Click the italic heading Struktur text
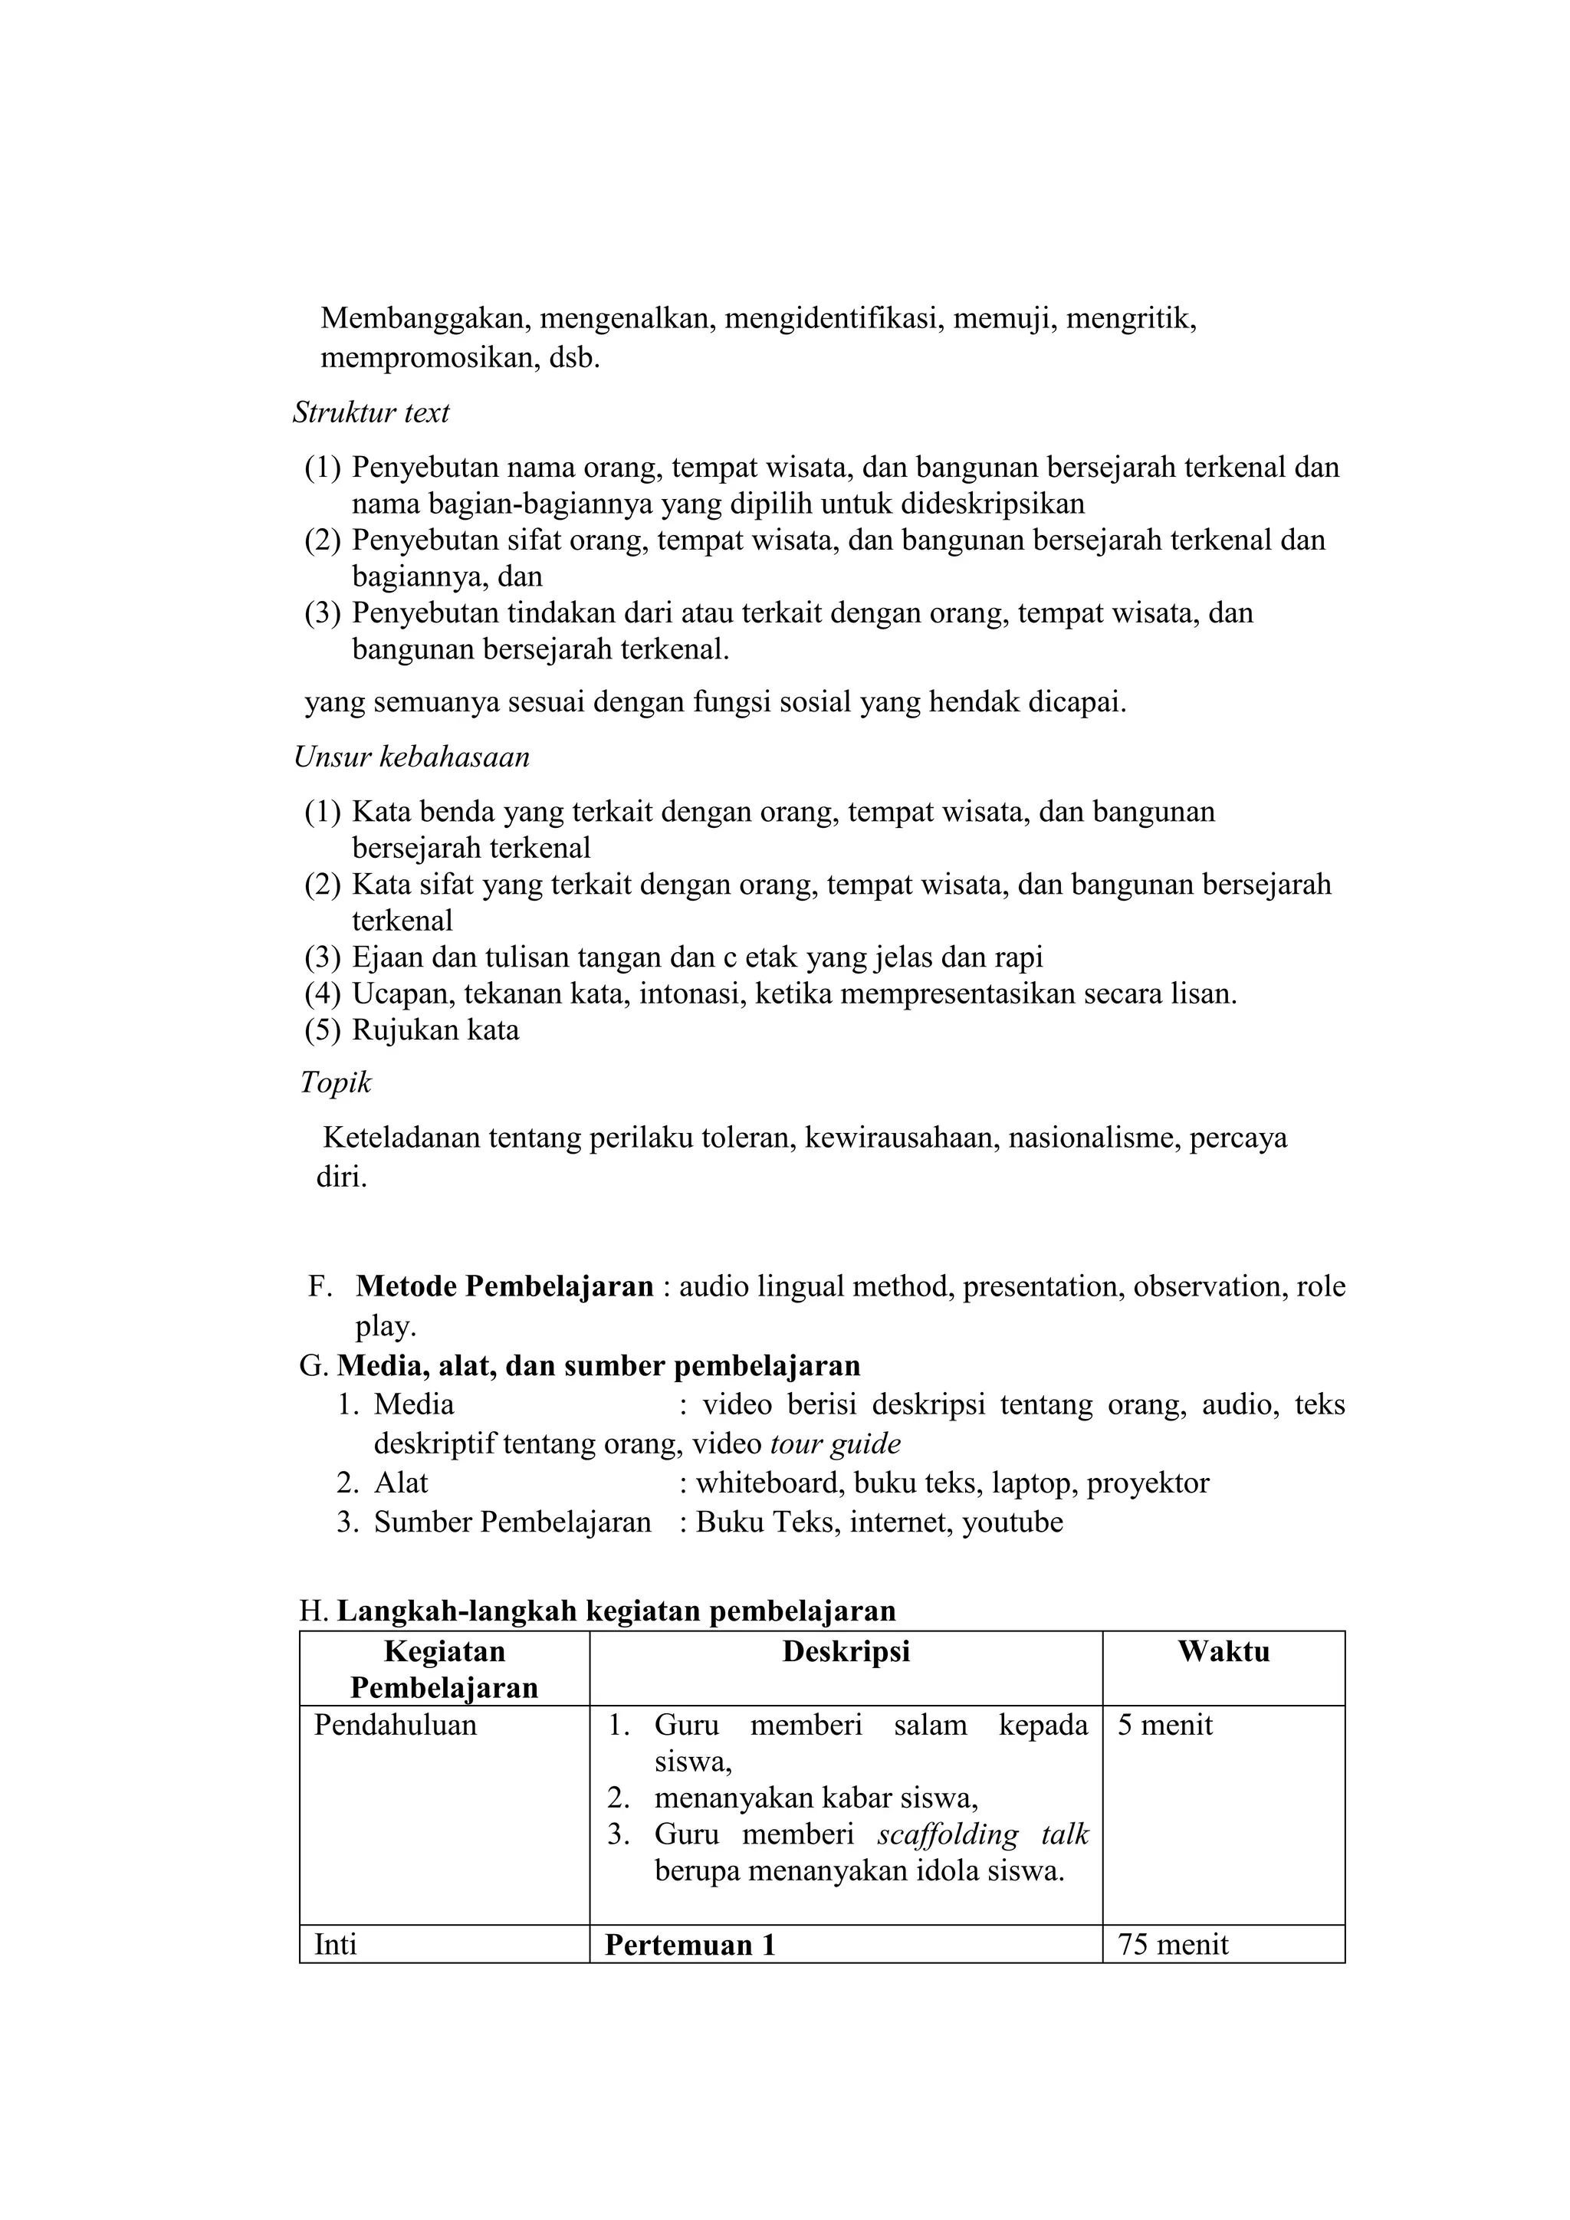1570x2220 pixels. pos(371,414)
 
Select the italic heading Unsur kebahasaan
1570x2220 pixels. pos(412,757)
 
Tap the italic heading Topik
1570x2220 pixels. pos(336,1083)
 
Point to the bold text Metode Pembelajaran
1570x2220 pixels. pos(504,1287)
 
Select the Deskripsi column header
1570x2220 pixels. pos(846,1651)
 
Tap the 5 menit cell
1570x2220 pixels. pos(1165,1726)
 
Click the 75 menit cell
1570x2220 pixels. pos(1173,1946)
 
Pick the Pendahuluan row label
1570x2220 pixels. pos(396,1726)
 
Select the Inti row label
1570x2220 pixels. pos(336,1946)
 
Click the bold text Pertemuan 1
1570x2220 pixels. pos(690,1946)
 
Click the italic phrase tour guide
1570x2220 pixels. pos(836,1444)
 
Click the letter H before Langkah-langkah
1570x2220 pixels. pos(310,1611)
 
